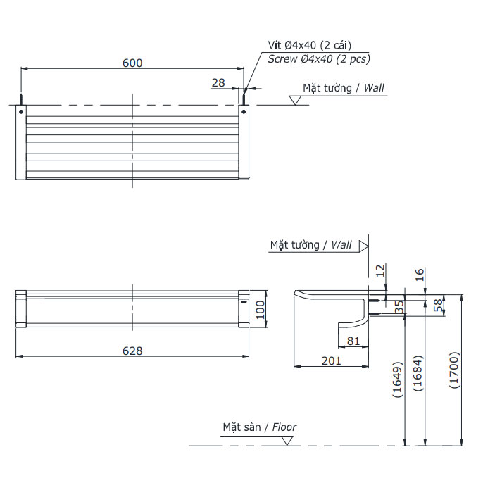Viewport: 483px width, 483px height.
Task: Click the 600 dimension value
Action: point(132,63)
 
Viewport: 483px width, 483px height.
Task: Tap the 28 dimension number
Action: point(218,82)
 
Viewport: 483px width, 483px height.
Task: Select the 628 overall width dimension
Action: point(132,351)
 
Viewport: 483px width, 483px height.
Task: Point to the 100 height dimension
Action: point(261,310)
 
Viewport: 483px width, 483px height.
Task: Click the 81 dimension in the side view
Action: point(353,341)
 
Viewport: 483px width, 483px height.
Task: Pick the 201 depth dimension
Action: point(332,360)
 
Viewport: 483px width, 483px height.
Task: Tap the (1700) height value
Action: point(455,370)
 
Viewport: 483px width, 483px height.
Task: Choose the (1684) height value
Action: point(418,373)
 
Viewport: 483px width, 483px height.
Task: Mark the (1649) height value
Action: point(398,379)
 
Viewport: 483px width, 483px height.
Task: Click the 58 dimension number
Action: point(438,305)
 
